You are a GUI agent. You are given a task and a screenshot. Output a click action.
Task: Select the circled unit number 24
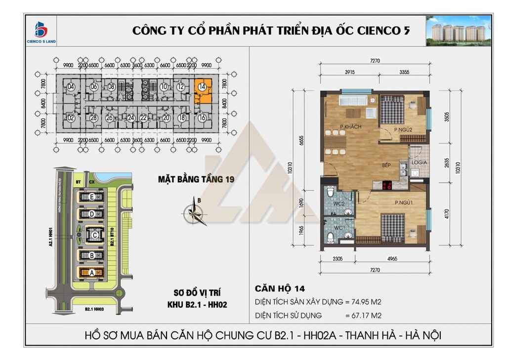(x=130, y=118)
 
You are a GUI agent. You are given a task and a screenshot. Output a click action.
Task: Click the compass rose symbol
(x=193, y=212)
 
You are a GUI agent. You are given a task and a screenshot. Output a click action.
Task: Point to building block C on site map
(x=93, y=235)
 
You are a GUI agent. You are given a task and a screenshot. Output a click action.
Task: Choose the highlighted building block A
(x=91, y=273)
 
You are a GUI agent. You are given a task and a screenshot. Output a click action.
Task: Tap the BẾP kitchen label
(x=386, y=166)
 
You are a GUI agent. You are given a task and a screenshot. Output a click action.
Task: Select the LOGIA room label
(x=416, y=162)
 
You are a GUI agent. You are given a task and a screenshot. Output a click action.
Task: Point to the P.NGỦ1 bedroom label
(x=404, y=202)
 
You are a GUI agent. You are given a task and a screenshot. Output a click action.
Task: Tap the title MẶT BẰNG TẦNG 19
(x=195, y=179)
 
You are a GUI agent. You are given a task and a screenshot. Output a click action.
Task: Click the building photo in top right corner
(x=459, y=31)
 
